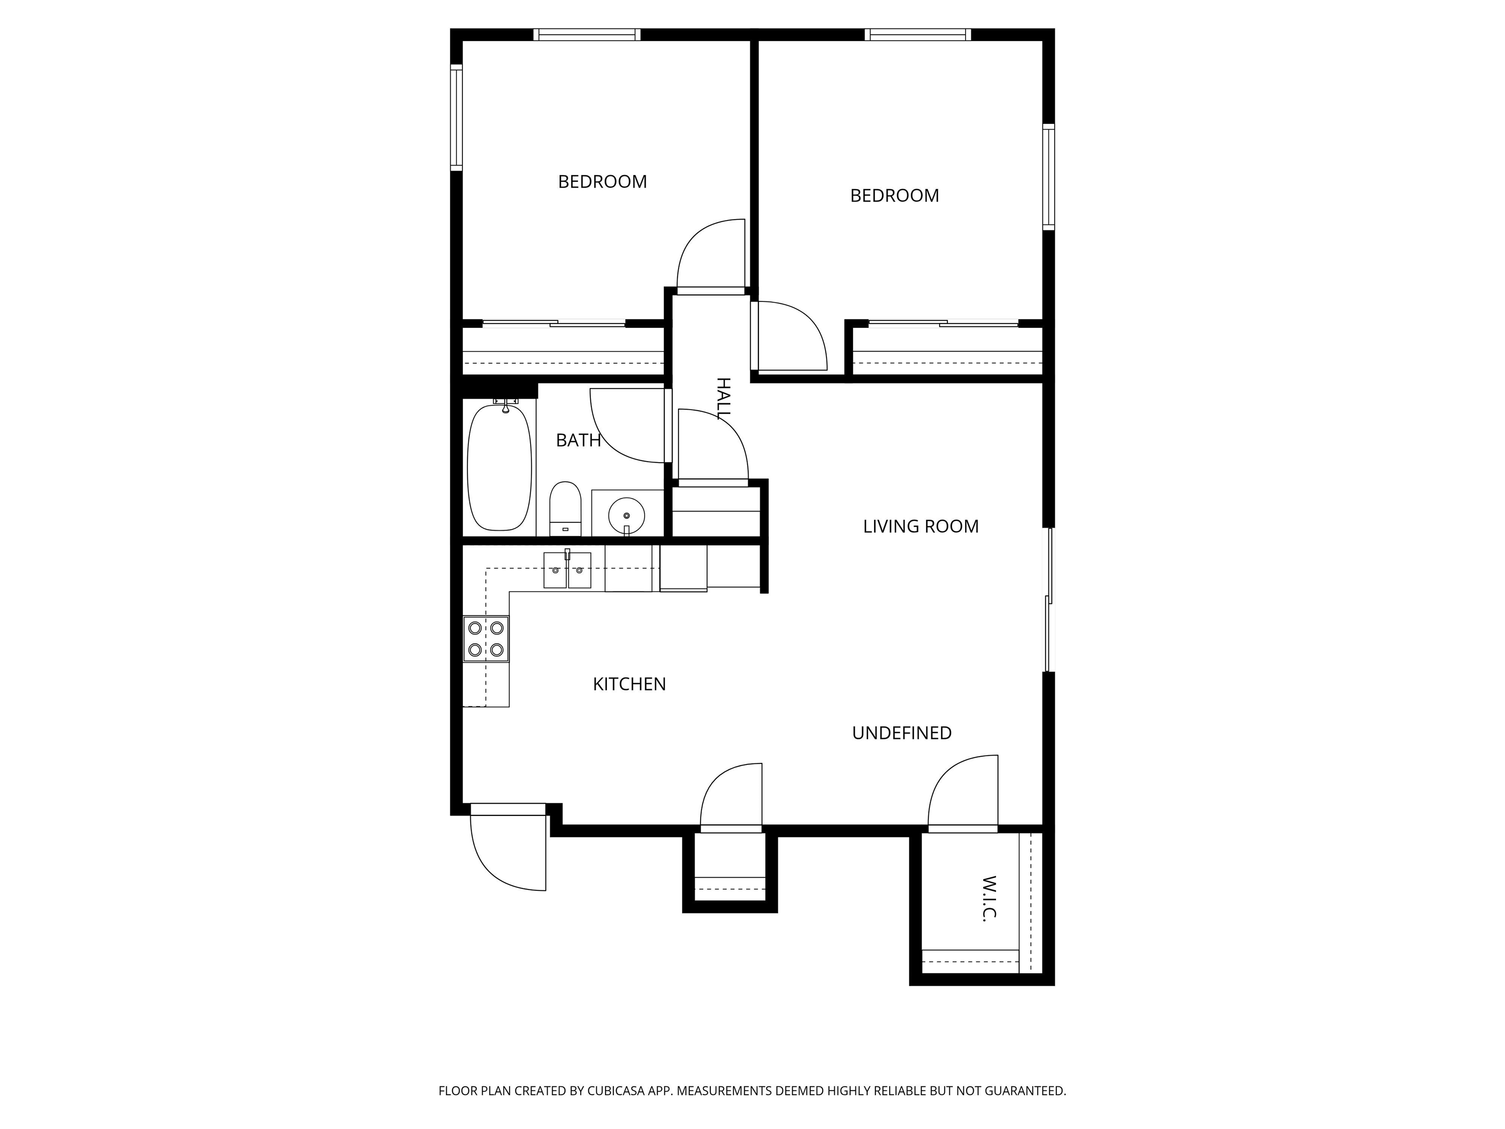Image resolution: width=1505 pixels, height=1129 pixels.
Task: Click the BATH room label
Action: pyautogui.click(x=578, y=441)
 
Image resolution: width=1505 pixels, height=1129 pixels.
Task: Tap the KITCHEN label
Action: pyautogui.click(x=630, y=685)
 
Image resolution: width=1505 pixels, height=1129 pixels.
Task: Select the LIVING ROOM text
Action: pyautogui.click(x=921, y=527)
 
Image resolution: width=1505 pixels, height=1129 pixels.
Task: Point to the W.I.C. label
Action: pyautogui.click(x=989, y=898)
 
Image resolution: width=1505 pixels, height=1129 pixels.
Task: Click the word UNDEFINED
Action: pyautogui.click(x=901, y=733)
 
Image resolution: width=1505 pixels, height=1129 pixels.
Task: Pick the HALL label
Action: pyautogui.click(x=723, y=398)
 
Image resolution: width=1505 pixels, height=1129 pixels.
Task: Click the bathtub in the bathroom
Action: pyautogui.click(x=499, y=467)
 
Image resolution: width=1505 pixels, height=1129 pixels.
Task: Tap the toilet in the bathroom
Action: pyautogui.click(x=565, y=509)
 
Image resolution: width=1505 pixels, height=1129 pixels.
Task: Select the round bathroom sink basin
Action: pyautogui.click(x=626, y=513)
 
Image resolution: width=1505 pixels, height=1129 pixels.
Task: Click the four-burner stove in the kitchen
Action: pyautogui.click(x=486, y=638)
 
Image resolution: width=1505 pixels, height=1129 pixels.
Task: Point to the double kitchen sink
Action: pyautogui.click(x=567, y=569)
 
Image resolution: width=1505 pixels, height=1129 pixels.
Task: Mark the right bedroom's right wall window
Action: pyautogui.click(x=1048, y=177)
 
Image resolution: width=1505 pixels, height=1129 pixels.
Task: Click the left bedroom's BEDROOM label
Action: pyautogui.click(x=602, y=182)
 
